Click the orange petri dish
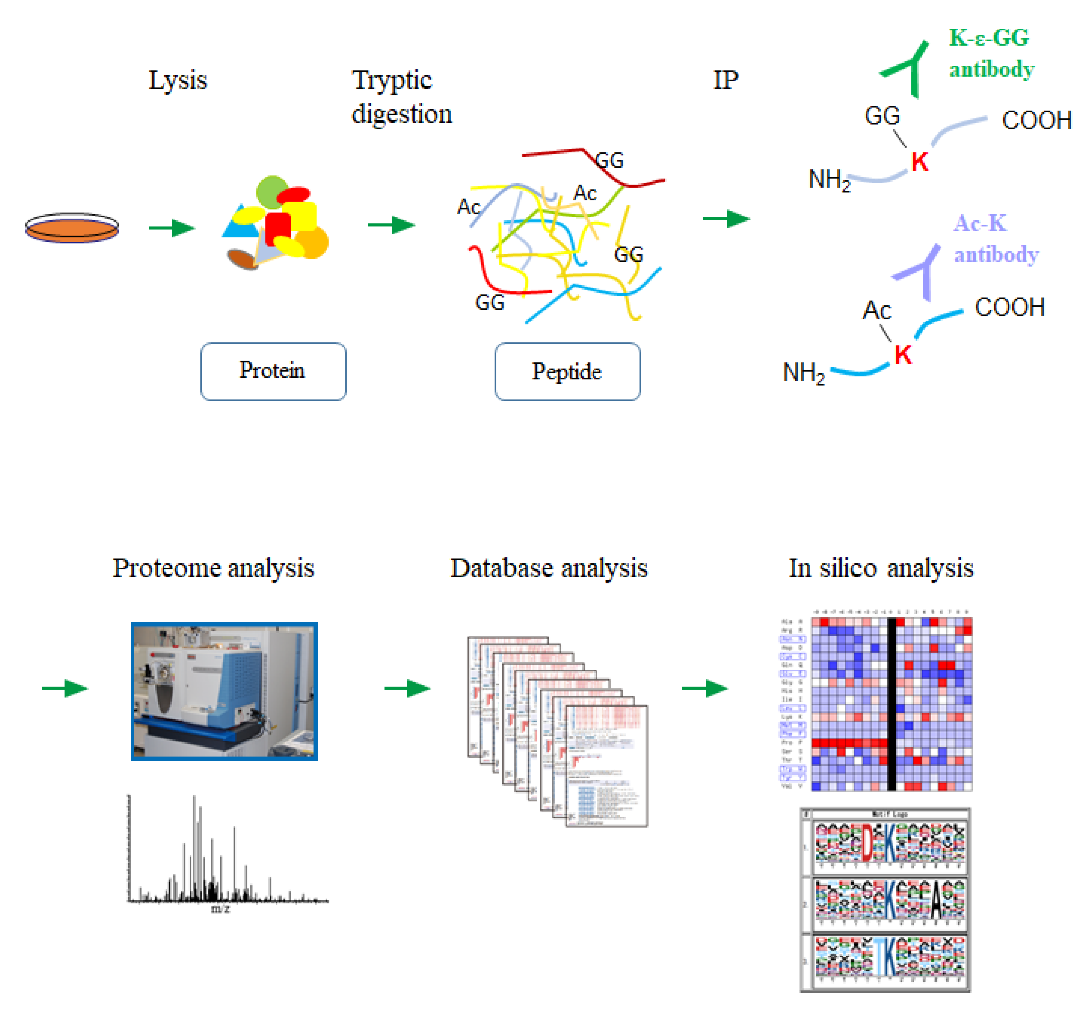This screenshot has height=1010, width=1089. [72, 228]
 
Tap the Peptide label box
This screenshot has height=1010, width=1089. [567, 372]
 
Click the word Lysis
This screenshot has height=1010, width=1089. [178, 80]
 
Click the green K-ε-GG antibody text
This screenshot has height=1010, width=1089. [990, 53]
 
